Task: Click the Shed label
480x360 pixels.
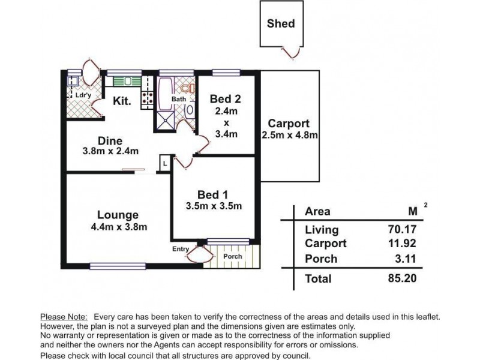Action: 281,23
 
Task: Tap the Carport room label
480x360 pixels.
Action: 289,124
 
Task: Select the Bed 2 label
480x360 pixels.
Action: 226,99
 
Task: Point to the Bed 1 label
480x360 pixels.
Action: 213,194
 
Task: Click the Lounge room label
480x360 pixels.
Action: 118,215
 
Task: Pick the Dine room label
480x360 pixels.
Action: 110,141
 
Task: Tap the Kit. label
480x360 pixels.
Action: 122,101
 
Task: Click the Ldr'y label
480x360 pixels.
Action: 83,95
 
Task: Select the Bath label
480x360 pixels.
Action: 178,99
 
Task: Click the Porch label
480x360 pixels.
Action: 233,256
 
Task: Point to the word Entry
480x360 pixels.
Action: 181,249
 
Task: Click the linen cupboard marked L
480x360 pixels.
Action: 164,163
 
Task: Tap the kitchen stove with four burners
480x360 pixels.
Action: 146,97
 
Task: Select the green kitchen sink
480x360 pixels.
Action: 127,82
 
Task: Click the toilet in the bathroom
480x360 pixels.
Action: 187,88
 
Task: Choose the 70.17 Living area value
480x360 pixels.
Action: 402,229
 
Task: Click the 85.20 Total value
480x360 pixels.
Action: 402,278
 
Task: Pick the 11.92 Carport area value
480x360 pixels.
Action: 402,244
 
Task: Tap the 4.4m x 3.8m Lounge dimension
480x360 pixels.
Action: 119,227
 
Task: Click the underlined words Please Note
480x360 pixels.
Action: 64,317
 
